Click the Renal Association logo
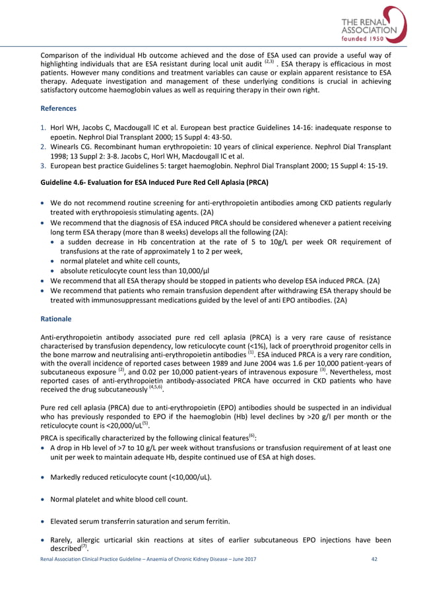click(369, 28)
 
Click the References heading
click(59, 108)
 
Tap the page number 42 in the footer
click(376, 578)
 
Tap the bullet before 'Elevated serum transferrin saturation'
click(44, 521)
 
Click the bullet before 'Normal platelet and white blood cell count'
click(44, 499)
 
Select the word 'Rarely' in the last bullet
click(63, 544)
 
